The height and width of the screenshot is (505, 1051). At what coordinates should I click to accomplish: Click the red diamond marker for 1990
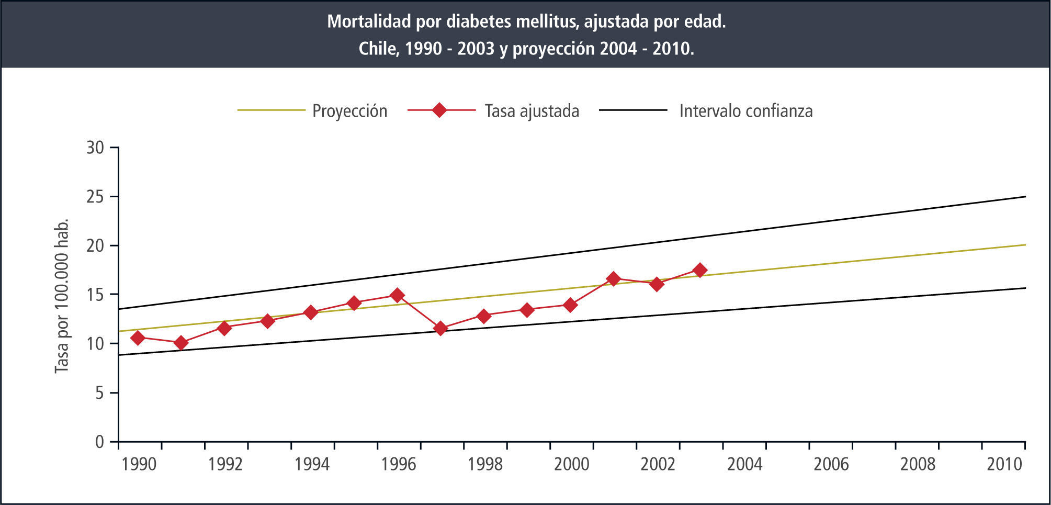click(x=138, y=338)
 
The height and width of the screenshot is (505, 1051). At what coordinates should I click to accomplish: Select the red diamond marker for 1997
click(x=440, y=329)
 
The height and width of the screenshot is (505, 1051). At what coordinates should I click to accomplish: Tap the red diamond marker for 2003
click(x=700, y=270)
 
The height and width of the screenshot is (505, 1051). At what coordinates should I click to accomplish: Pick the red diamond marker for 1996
click(x=398, y=295)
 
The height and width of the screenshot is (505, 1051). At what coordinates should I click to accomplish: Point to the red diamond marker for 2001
click(x=614, y=278)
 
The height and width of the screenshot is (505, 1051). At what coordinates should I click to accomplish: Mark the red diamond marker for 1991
click(x=181, y=343)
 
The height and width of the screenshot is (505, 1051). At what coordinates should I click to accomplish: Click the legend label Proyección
click(x=349, y=111)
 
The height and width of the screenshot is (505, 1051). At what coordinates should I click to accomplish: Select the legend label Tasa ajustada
click(x=532, y=111)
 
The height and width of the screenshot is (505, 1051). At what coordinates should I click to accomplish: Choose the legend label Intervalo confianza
click(x=745, y=111)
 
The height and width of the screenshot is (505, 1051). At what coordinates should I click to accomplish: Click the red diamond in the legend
click(x=440, y=110)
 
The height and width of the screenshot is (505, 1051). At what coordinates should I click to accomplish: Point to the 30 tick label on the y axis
click(x=95, y=148)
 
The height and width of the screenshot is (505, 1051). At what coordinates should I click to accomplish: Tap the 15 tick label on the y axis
click(x=95, y=295)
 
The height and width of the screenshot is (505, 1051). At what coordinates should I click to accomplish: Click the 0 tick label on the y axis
click(x=99, y=442)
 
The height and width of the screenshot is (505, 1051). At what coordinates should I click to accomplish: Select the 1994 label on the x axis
click(x=312, y=464)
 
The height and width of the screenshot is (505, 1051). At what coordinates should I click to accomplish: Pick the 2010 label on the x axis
click(x=1004, y=464)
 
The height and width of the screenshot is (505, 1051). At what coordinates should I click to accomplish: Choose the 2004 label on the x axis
click(x=744, y=464)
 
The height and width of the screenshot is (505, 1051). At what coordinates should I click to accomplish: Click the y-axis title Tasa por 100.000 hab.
click(x=62, y=296)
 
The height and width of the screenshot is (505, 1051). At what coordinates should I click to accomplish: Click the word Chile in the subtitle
click(x=378, y=49)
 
